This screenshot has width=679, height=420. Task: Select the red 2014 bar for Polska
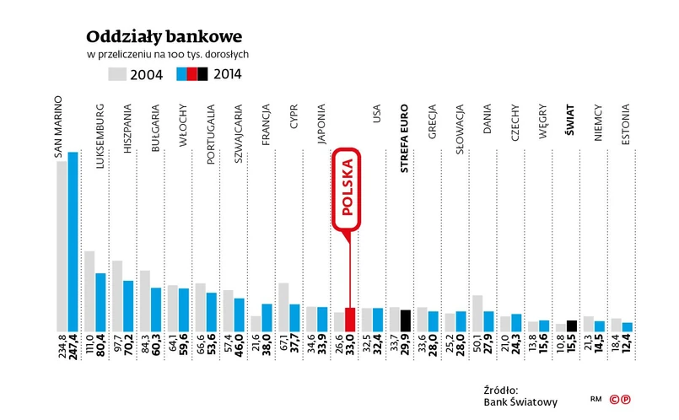[x=350, y=320]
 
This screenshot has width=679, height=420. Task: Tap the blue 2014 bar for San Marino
[x=73, y=241]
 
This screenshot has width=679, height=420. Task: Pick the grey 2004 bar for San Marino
[x=62, y=245]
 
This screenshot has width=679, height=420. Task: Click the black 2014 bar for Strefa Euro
[x=405, y=320]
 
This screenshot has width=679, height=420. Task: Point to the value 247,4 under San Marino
[x=73, y=353]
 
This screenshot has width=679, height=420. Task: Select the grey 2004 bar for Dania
[x=477, y=313]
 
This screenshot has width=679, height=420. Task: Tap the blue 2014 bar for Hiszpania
[x=128, y=305]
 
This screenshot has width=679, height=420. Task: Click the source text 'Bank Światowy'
[x=517, y=401]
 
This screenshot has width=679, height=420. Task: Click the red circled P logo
[x=626, y=399]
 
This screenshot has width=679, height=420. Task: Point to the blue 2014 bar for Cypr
[x=294, y=317]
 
